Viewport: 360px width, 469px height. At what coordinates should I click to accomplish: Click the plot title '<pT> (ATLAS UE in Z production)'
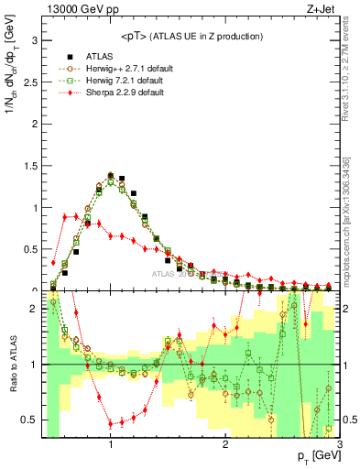click(x=191, y=36)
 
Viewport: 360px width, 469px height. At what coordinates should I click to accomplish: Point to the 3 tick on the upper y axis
click(x=35, y=40)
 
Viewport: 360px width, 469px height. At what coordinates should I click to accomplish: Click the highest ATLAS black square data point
click(x=111, y=174)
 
